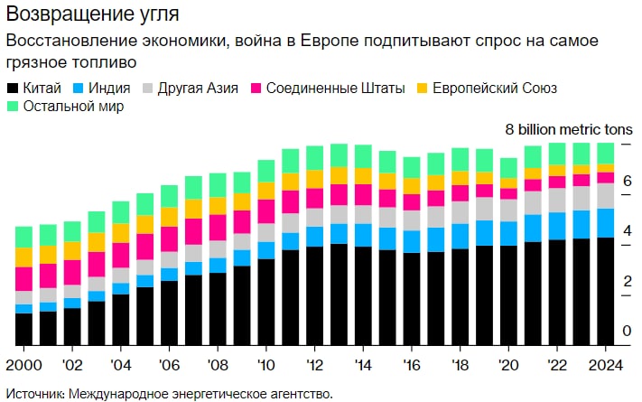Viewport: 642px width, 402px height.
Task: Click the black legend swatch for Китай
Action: click(13, 88)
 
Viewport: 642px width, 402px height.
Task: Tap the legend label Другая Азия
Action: click(197, 88)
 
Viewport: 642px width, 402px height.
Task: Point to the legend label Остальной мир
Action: click(73, 107)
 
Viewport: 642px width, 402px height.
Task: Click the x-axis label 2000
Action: click(23, 365)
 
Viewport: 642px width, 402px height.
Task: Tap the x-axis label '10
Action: click(265, 365)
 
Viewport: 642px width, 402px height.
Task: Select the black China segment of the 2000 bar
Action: click(24, 329)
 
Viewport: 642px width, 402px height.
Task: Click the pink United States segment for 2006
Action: click(169, 238)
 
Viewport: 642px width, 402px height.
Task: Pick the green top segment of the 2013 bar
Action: click(339, 155)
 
